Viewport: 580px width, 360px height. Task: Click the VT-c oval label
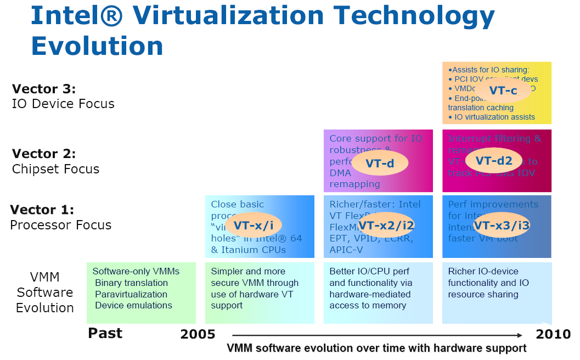[x=503, y=91]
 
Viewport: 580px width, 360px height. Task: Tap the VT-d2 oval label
[x=493, y=160]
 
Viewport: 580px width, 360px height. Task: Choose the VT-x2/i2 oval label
[x=386, y=224]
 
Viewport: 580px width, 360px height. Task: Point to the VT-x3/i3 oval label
[x=501, y=225]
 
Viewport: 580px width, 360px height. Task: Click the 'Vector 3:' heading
[x=44, y=89]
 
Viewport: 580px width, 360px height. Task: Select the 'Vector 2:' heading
[x=44, y=154]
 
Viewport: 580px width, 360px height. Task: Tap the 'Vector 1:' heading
[x=42, y=210]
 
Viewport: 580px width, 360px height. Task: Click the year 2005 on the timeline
[x=198, y=334]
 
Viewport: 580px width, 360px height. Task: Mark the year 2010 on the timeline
[x=553, y=334]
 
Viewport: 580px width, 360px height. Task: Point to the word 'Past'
[x=105, y=333]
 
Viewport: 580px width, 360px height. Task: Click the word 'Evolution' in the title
[x=97, y=46]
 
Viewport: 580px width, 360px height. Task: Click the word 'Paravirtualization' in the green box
[x=131, y=294]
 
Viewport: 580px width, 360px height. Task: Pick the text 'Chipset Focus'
[x=55, y=169]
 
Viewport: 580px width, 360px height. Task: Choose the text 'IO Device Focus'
[x=63, y=104]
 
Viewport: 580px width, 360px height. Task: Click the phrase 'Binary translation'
[x=131, y=283]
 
